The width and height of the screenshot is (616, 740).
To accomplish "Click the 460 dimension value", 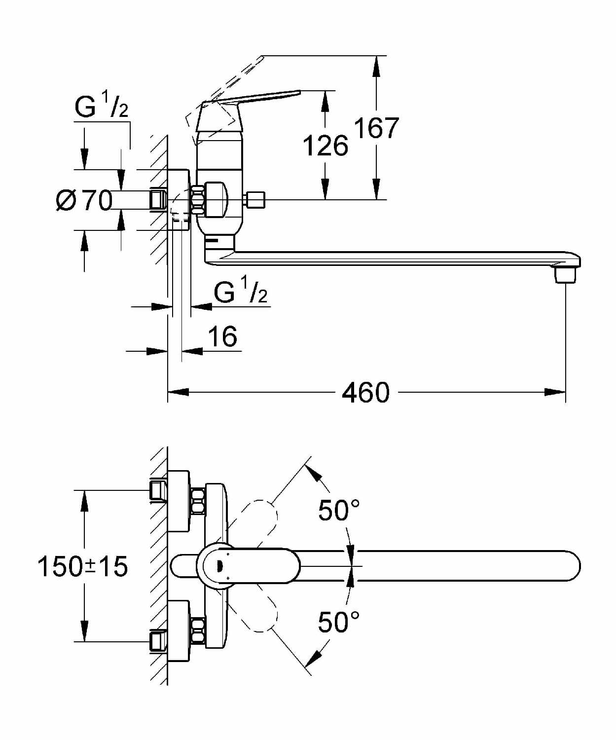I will tap(365, 393).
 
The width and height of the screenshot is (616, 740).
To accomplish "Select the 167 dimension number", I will tap(376, 128).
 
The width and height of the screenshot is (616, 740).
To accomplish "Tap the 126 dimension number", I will tap(325, 146).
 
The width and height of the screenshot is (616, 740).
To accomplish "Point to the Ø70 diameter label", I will tap(84, 200).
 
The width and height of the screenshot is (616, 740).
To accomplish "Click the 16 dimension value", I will tap(222, 337).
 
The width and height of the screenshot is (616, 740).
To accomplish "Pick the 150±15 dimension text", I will tap(83, 566).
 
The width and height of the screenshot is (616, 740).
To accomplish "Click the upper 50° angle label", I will tap(338, 511).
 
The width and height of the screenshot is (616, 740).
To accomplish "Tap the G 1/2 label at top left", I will tap(102, 107).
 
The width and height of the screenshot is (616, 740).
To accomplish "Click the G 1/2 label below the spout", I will tap(241, 292).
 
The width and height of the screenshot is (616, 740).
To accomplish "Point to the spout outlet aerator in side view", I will tap(565, 275).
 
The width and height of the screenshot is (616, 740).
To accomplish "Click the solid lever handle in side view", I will tap(256, 97).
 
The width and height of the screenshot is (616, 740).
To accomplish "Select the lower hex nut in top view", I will tap(198, 631).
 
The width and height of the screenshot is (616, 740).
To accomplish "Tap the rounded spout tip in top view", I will tap(572, 566).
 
